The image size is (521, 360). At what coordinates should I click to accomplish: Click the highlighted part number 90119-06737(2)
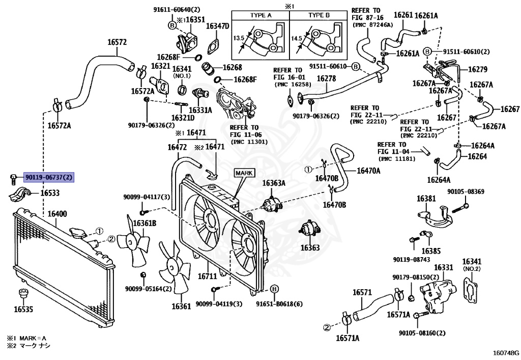coord(49,177)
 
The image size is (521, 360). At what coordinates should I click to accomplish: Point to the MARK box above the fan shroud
coord(243,173)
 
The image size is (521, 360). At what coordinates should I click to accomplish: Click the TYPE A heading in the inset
coord(260,15)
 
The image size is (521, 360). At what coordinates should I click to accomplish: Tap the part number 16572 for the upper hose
coord(117,42)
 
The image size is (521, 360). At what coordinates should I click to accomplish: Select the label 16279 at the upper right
coord(478,69)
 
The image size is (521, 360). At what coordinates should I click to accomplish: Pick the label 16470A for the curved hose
coord(368,171)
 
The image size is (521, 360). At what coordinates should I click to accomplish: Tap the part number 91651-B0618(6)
coord(279,304)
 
